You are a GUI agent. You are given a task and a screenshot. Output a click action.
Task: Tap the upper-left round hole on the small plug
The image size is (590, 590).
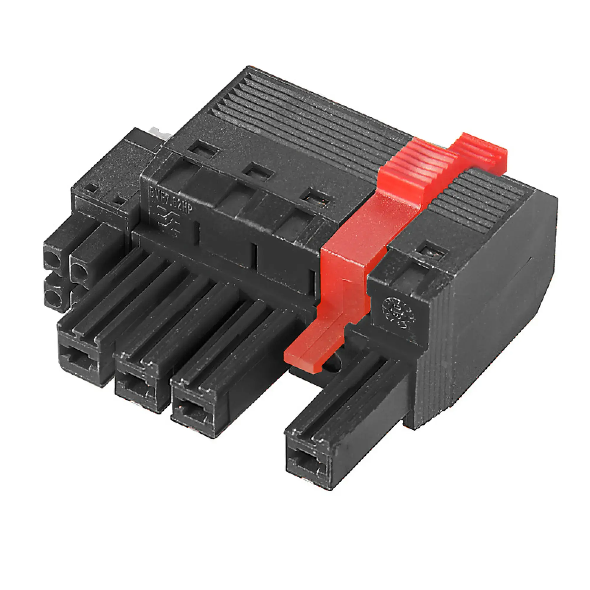pyautogui.click(x=53, y=261)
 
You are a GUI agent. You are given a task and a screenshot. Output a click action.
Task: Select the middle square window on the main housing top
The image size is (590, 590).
pyautogui.click(x=258, y=173)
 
